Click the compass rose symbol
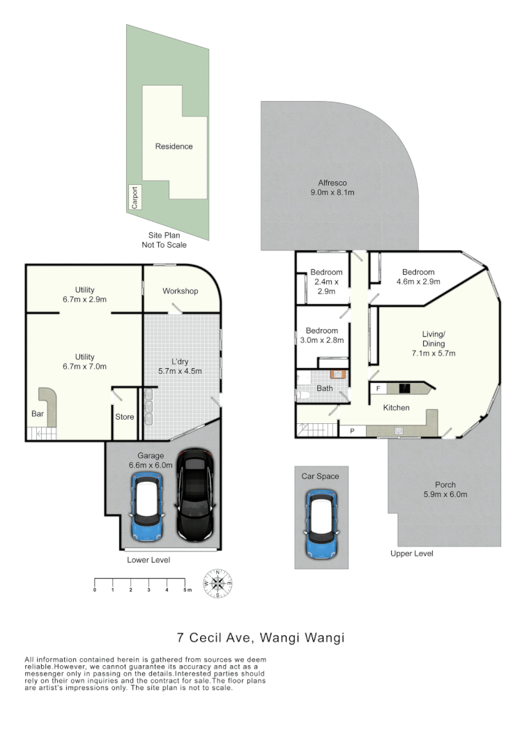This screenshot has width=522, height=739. [x=217, y=584]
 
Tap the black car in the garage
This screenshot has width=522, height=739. [x=195, y=495]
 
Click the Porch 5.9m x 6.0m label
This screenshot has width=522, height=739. [x=445, y=489]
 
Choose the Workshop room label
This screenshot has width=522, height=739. [x=181, y=291]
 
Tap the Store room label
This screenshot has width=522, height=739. [x=124, y=418]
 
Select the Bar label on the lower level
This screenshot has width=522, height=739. [x=38, y=414]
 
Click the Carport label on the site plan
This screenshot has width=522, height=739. [x=135, y=197]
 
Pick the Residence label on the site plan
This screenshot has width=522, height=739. [x=174, y=146]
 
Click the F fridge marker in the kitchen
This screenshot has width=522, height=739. [x=378, y=388]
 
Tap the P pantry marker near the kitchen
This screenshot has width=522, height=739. [x=352, y=431]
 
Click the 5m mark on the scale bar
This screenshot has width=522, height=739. [x=185, y=590]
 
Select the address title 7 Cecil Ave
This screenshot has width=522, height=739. [x=261, y=637]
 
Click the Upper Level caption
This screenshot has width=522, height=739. [x=412, y=554]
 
